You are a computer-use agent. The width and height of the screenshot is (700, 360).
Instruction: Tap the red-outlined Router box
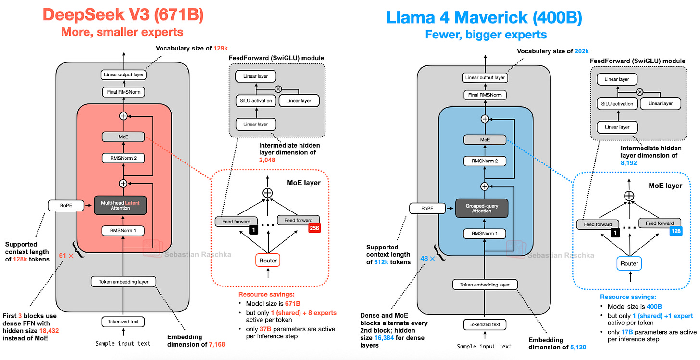[x=267, y=260]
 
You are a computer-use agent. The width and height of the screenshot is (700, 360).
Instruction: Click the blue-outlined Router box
[x=629, y=263]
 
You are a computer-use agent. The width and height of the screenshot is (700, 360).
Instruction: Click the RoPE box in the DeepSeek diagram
[x=66, y=205]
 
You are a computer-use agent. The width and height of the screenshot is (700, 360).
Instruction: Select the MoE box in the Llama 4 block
[x=485, y=139]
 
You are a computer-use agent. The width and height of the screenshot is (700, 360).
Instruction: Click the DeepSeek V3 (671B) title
[x=123, y=15]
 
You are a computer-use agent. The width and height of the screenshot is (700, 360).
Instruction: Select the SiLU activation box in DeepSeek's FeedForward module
[x=255, y=101]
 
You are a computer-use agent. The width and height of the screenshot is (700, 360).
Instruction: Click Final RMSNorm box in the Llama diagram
[x=485, y=95]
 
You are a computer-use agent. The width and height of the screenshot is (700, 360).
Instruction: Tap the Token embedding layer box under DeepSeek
[x=124, y=282]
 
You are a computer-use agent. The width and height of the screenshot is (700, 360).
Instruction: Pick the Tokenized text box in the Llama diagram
[x=485, y=324]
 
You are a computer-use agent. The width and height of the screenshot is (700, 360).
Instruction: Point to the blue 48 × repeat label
[x=428, y=258]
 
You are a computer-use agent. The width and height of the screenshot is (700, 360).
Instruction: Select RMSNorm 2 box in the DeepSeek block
[x=124, y=158]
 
